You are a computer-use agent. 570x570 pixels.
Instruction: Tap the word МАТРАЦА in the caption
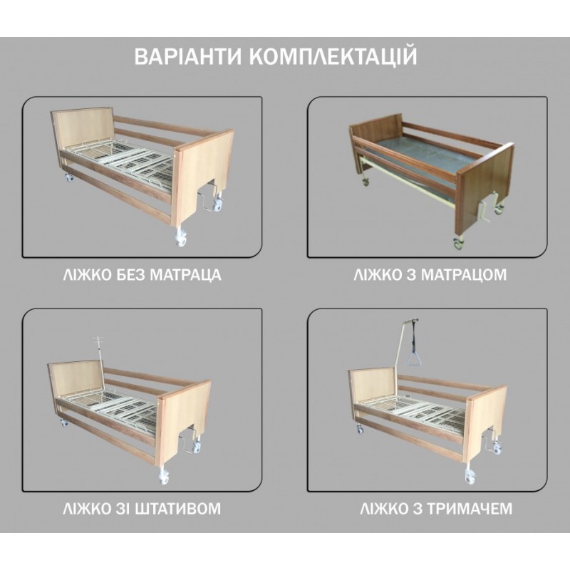(x=186, y=275)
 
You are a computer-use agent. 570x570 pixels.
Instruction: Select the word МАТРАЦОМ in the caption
(x=464, y=275)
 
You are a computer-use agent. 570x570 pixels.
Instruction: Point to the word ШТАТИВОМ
(x=177, y=509)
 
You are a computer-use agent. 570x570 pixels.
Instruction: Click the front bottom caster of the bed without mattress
(x=181, y=239)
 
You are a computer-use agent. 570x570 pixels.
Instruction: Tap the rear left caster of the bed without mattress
(x=68, y=177)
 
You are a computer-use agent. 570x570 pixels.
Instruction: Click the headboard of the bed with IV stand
(x=76, y=379)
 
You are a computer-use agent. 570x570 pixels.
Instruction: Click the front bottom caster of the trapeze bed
(x=470, y=476)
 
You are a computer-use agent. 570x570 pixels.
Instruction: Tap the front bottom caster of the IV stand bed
(x=164, y=476)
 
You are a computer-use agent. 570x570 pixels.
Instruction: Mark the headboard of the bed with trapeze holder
(x=372, y=386)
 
